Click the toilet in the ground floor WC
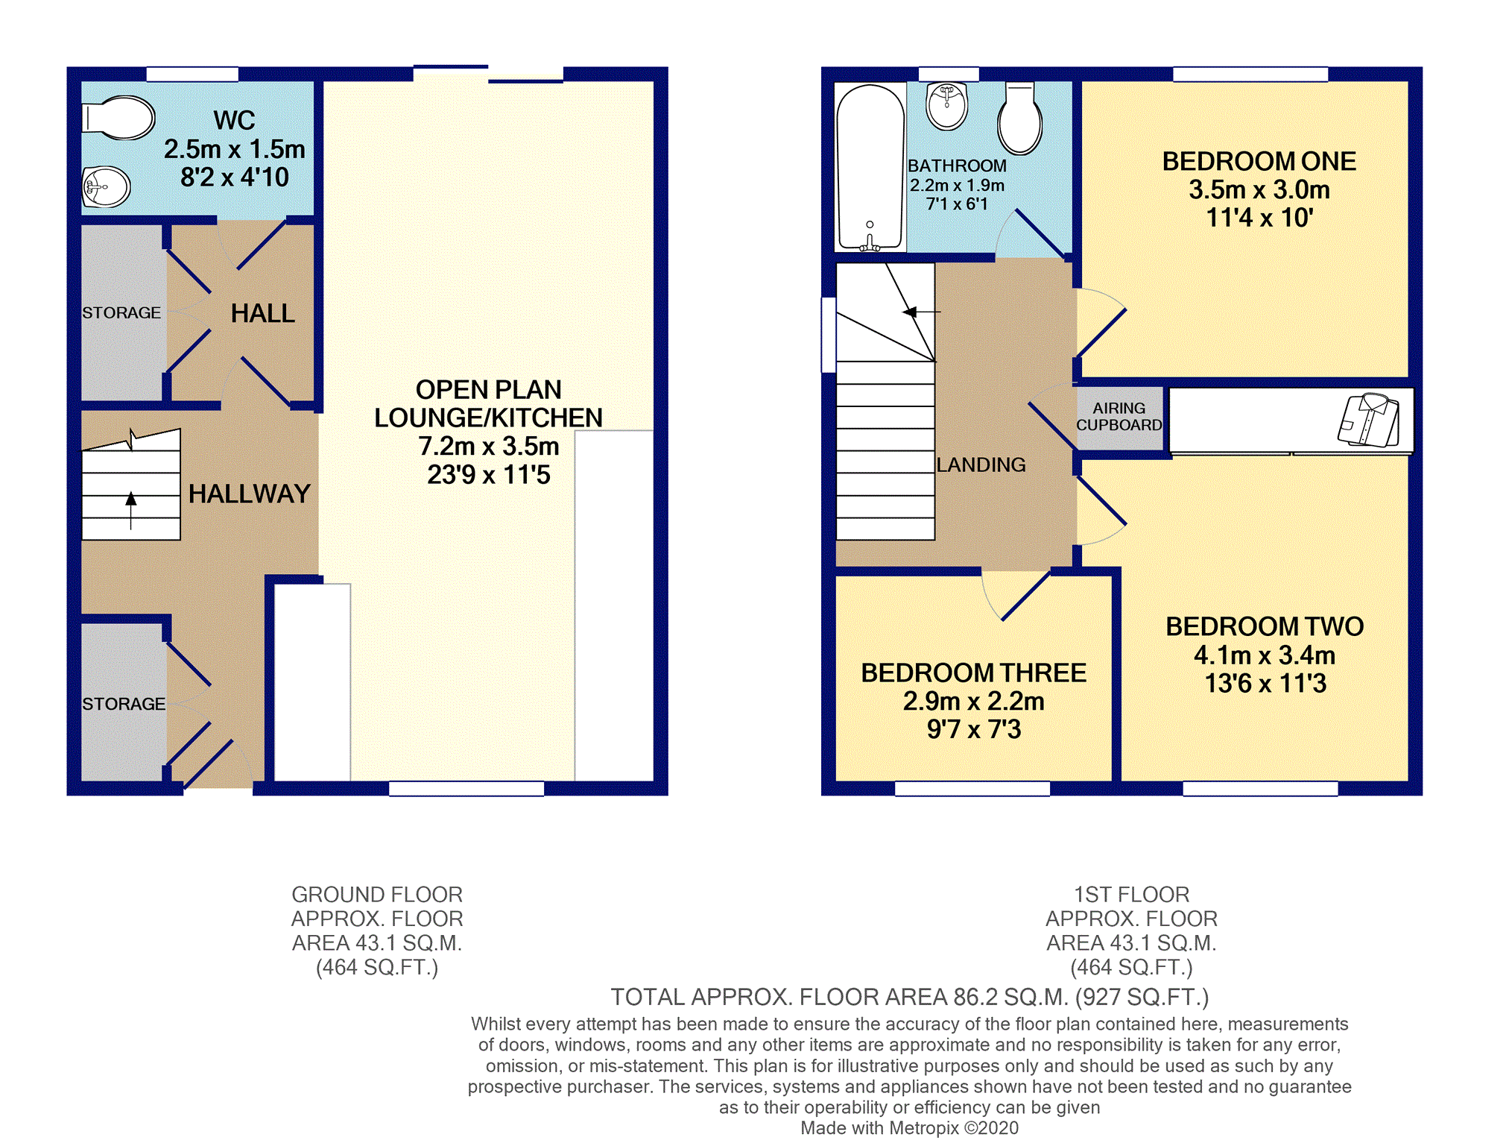(x=118, y=118)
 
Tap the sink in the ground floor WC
(x=107, y=186)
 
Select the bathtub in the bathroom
(x=870, y=167)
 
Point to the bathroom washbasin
(x=947, y=106)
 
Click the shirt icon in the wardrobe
(x=1369, y=420)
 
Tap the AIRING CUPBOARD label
(x=1119, y=417)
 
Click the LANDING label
(x=981, y=465)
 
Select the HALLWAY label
(x=249, y=494)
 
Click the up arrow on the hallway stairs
(x=131, y=510)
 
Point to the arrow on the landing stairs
(x=921, y=312)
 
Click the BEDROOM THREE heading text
(x=973, y=673)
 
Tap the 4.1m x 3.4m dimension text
(x=1265, y=655)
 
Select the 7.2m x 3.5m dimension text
(x=489, y=446)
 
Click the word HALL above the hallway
(x=263, y=313)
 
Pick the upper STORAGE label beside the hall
(x=121, y=312)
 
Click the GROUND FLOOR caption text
(x=377, y=894)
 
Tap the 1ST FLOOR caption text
(x=1131, y=894)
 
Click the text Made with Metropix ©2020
(x=909, y=1128)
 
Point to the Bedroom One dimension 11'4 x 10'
(x=1259, y=218)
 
